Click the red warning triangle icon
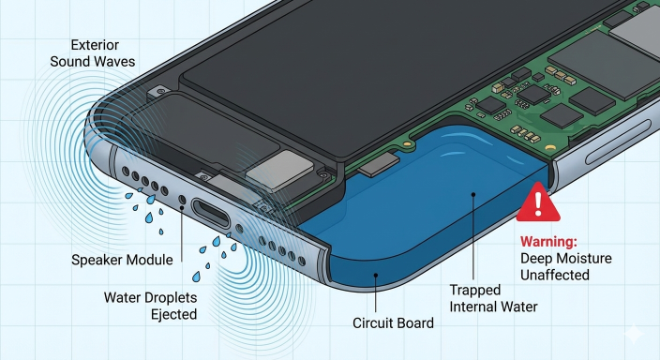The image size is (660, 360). [538, 202]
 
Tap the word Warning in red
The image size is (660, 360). [548, 242]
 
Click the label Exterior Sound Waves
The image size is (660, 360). [93, 53]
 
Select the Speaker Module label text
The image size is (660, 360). [122, 260]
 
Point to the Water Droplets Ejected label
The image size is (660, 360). [151, 307]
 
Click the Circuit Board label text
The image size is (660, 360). [393, 322]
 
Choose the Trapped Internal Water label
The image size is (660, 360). [493, 298]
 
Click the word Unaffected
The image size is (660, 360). [555, 275]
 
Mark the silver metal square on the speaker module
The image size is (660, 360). [280, 172]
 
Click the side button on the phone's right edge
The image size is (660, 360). [617, 142]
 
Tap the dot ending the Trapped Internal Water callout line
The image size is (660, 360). [473, 194]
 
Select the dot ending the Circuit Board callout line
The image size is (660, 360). [376, 276]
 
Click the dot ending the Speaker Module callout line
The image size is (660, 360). [182, 207]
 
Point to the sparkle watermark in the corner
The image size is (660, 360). [634, 335]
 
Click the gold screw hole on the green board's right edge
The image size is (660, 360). [549, 148]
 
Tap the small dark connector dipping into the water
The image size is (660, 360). [379, 164]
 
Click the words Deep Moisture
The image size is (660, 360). [565, 258]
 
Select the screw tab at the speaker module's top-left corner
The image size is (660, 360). [160, 91]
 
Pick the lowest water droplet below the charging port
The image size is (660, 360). [196, 277]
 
